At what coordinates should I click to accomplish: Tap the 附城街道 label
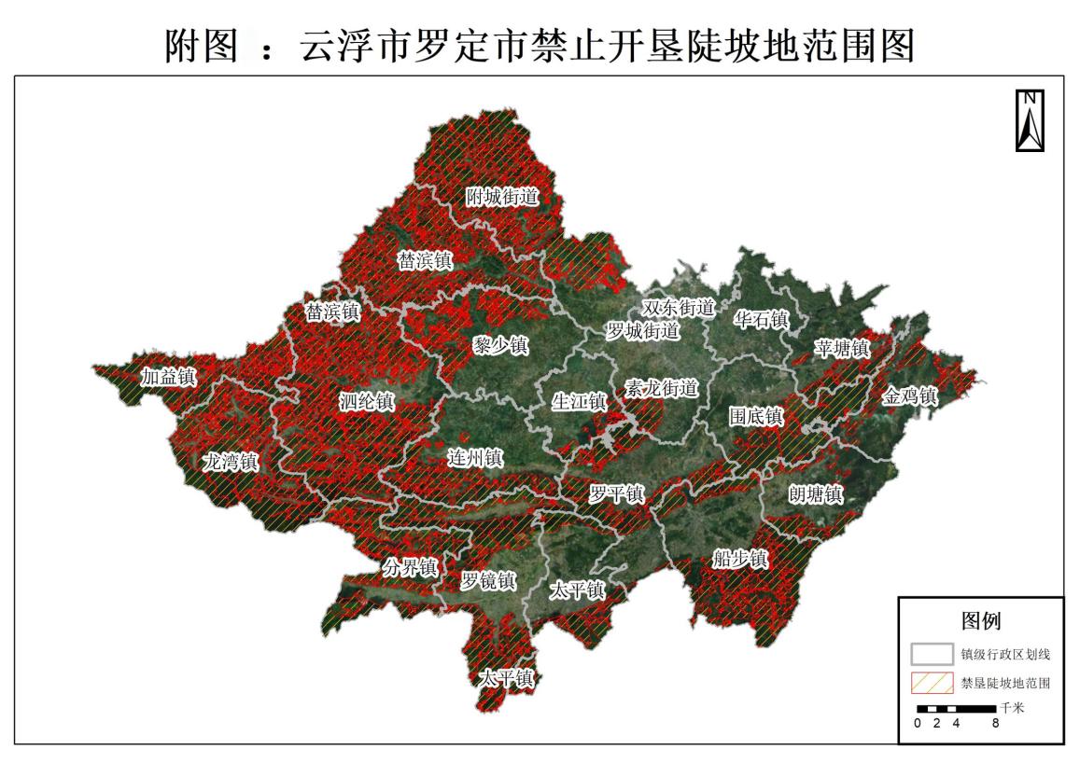(x=503, y=198)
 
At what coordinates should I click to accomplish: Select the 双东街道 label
(x=678, y=308)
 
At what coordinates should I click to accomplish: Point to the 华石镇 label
(x=761, y=320)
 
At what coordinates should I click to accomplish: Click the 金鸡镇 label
(x=909, y=396)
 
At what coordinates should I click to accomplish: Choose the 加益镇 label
(x=168, y=378)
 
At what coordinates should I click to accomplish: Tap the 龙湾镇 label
(x=231, y=462)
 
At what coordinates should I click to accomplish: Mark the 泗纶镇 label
(x=367, y=402)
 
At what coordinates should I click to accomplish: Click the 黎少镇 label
(x=500, y=346)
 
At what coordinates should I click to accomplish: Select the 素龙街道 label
(x=661, y=389)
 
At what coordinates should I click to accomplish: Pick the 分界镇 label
(x=410, y=567)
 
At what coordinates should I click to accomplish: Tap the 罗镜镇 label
(x=488, y=581)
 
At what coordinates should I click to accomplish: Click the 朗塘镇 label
(x=816, y=494)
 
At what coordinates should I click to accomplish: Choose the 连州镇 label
(x=475, y=458)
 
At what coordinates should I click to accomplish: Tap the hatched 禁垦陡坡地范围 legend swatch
(x=932, y=683)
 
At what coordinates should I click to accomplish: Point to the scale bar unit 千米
(x=1012, y=708)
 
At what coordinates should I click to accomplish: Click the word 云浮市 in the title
(x=341, y=45)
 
